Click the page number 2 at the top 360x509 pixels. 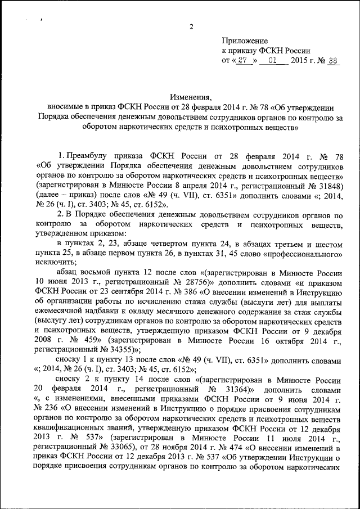point(191,28)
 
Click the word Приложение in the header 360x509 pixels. point(245,40)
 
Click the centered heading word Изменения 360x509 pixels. point(191,97)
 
